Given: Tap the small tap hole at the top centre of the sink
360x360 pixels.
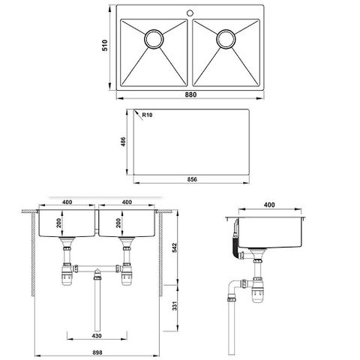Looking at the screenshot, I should (x=190, y=13).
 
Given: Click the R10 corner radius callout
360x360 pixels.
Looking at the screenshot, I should (x=146, y=115).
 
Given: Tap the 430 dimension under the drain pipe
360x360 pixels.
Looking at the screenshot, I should (x=97, y=335).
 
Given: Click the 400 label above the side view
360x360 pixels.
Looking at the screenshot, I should (x=268, y=205).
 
